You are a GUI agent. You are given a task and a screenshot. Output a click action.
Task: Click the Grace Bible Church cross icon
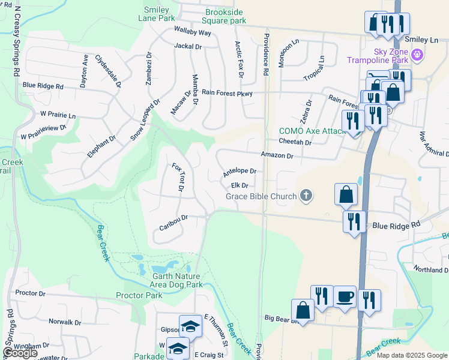coord(306,196)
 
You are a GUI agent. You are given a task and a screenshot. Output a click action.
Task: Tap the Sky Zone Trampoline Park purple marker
coord(418,57)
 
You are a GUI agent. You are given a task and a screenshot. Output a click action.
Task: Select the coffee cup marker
coord(345,297)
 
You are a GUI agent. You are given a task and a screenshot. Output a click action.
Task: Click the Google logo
coord(20,353)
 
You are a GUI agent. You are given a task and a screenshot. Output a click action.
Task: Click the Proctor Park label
coord(139,295)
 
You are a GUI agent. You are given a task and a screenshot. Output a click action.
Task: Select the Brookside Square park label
coord(226,16)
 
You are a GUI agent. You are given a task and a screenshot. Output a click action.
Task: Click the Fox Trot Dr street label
coord(178,178)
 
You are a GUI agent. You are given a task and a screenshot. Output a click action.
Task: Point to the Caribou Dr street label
coord(174,222)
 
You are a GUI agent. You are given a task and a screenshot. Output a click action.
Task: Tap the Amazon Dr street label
coord(277,155)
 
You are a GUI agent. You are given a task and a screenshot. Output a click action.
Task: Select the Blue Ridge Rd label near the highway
coord(397,226)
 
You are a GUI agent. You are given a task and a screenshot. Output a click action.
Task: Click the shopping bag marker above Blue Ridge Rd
coord(346,194)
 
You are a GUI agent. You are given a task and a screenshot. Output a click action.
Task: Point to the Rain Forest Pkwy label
coord(227,93)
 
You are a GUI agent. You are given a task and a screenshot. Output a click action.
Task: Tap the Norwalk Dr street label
coord(65,322)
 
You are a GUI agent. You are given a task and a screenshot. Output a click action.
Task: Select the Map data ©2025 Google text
coord(412,355)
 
